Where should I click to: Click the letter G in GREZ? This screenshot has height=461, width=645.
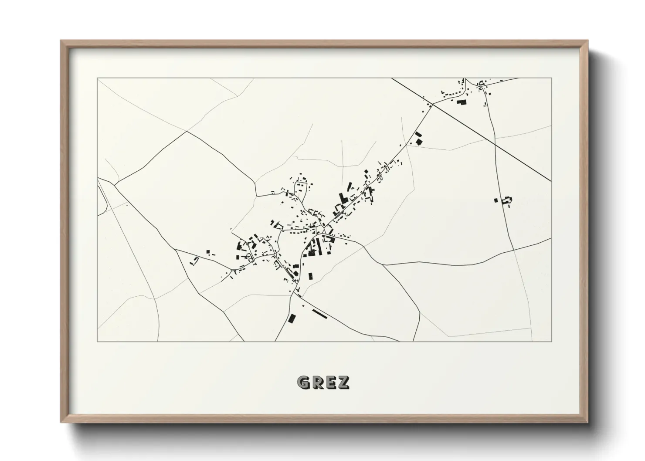303,382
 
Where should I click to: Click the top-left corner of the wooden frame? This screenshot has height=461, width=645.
61,41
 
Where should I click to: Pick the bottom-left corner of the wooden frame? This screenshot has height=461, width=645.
61,422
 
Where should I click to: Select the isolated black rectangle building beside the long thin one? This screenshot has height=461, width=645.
292,318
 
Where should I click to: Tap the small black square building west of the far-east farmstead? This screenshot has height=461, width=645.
496,200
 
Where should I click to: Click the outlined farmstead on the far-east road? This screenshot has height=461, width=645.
507,200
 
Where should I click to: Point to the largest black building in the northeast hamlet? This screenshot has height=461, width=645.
461,102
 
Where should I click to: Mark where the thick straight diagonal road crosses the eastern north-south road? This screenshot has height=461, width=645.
495,142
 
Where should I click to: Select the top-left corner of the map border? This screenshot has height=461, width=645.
98,78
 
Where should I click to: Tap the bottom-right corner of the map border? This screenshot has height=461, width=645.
551,342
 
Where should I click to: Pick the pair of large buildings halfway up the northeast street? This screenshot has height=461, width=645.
418,138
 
